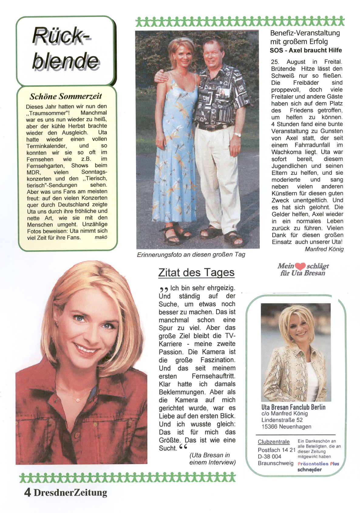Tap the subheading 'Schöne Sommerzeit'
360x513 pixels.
pos(66,97)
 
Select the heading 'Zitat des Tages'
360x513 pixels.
pos(196,272)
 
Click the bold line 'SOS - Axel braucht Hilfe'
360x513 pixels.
pos(306,50)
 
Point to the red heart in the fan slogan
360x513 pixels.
pos(300,266)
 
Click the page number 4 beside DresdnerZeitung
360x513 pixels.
pos(27,492)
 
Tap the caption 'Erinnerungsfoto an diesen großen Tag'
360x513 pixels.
pos(191,255)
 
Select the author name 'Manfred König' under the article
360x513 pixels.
pos(324,249)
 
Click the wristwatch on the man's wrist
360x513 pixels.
pos(237,135)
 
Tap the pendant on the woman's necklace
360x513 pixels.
pos(78,400)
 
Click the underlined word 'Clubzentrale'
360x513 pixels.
pos(273,442)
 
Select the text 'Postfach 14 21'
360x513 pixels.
pos(277,450)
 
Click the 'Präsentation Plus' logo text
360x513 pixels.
pos(318,464)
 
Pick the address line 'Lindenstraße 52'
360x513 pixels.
pos(282,420)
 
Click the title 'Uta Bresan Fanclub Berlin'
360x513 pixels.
pos(293,407)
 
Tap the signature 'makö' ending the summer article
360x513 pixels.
pos(101,238)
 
